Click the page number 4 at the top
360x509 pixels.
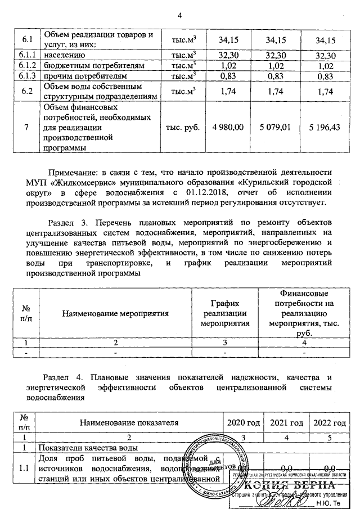(x=179, y=15)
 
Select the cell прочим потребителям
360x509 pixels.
(x=83, y=75)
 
